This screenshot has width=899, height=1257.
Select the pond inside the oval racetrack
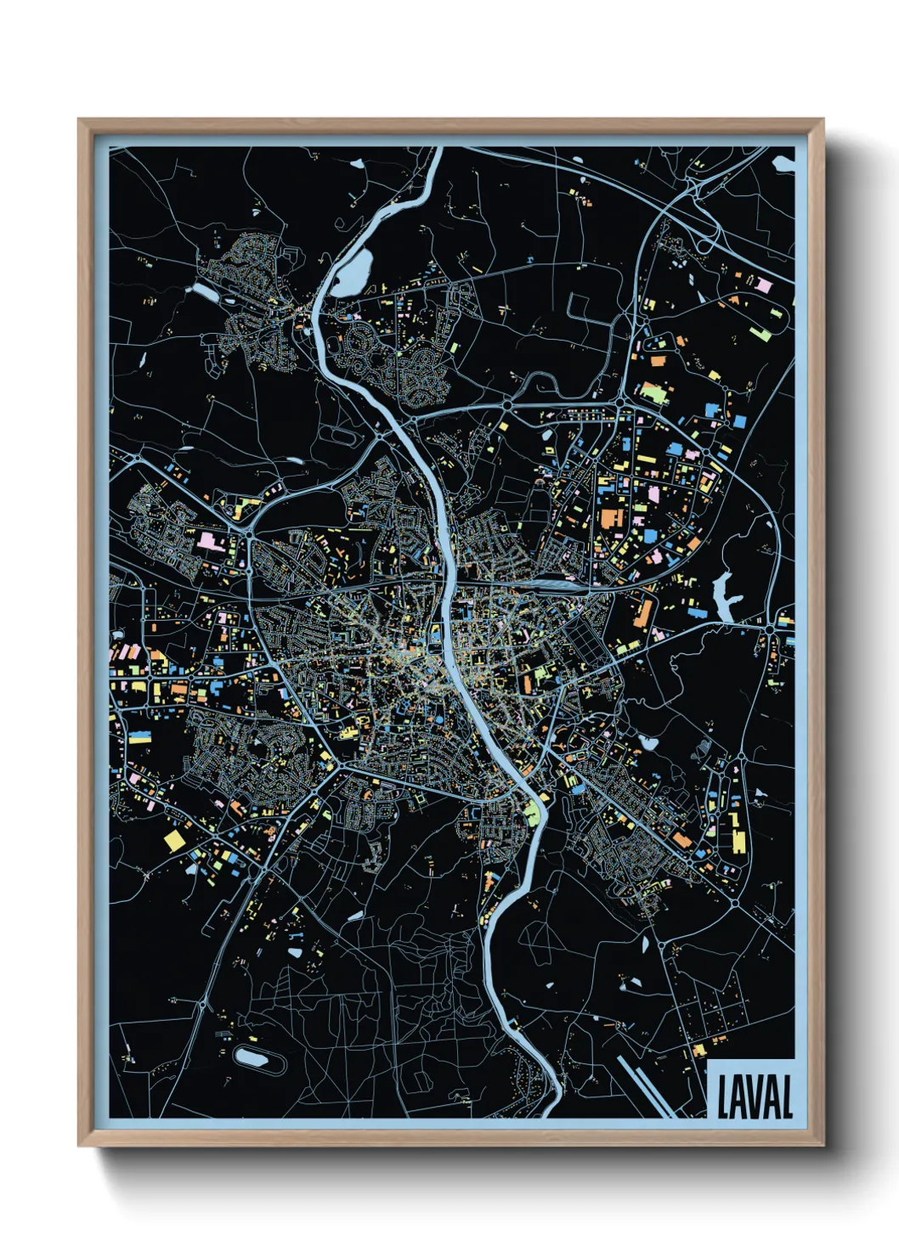pyautogui.click(x=253, y=1057)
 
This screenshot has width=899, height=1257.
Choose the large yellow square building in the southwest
pyautogui.click(x=174, y=840)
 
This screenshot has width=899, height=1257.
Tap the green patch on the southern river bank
pyautogui.click(x=532, y=813)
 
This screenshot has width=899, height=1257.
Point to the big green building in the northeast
pyautogui.click(x=652, y=392)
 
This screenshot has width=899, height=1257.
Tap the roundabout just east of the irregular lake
pyautogui.click(x=770, y=628)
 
